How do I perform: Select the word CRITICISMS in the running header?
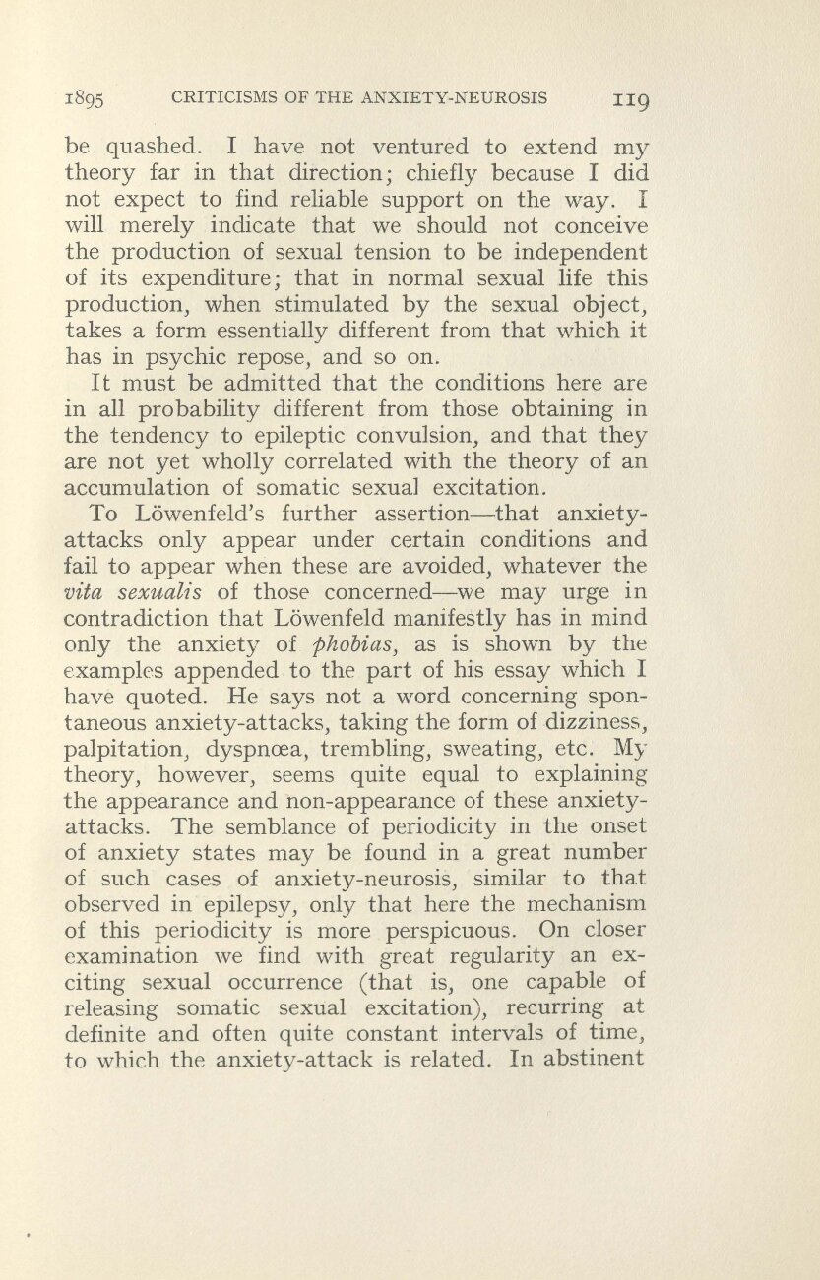(x=224, y=97)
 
